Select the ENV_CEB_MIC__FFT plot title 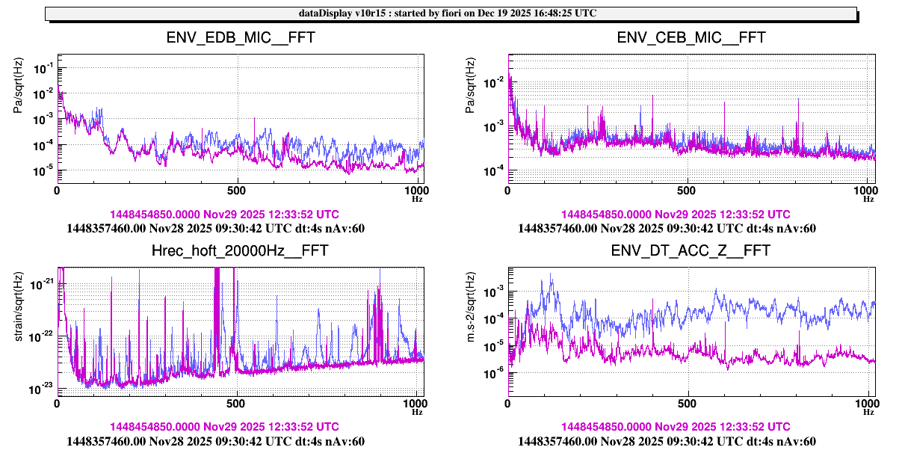tap(691, 37)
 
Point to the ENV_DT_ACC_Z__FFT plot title tap(691, 250)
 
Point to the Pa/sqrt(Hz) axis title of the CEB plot tap(469, 85)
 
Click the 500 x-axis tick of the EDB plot tap(237, 191)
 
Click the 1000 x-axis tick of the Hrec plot tap(415, 404)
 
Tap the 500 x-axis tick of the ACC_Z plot tap(688, 404)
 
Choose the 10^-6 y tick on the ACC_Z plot tap(494, 372)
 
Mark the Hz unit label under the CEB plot tap(868, 199)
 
